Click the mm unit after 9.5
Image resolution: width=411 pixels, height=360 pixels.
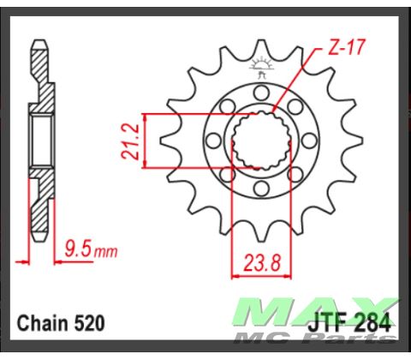(x=104, y=254)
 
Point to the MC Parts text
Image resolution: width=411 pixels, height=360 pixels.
(x=351, y=340)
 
